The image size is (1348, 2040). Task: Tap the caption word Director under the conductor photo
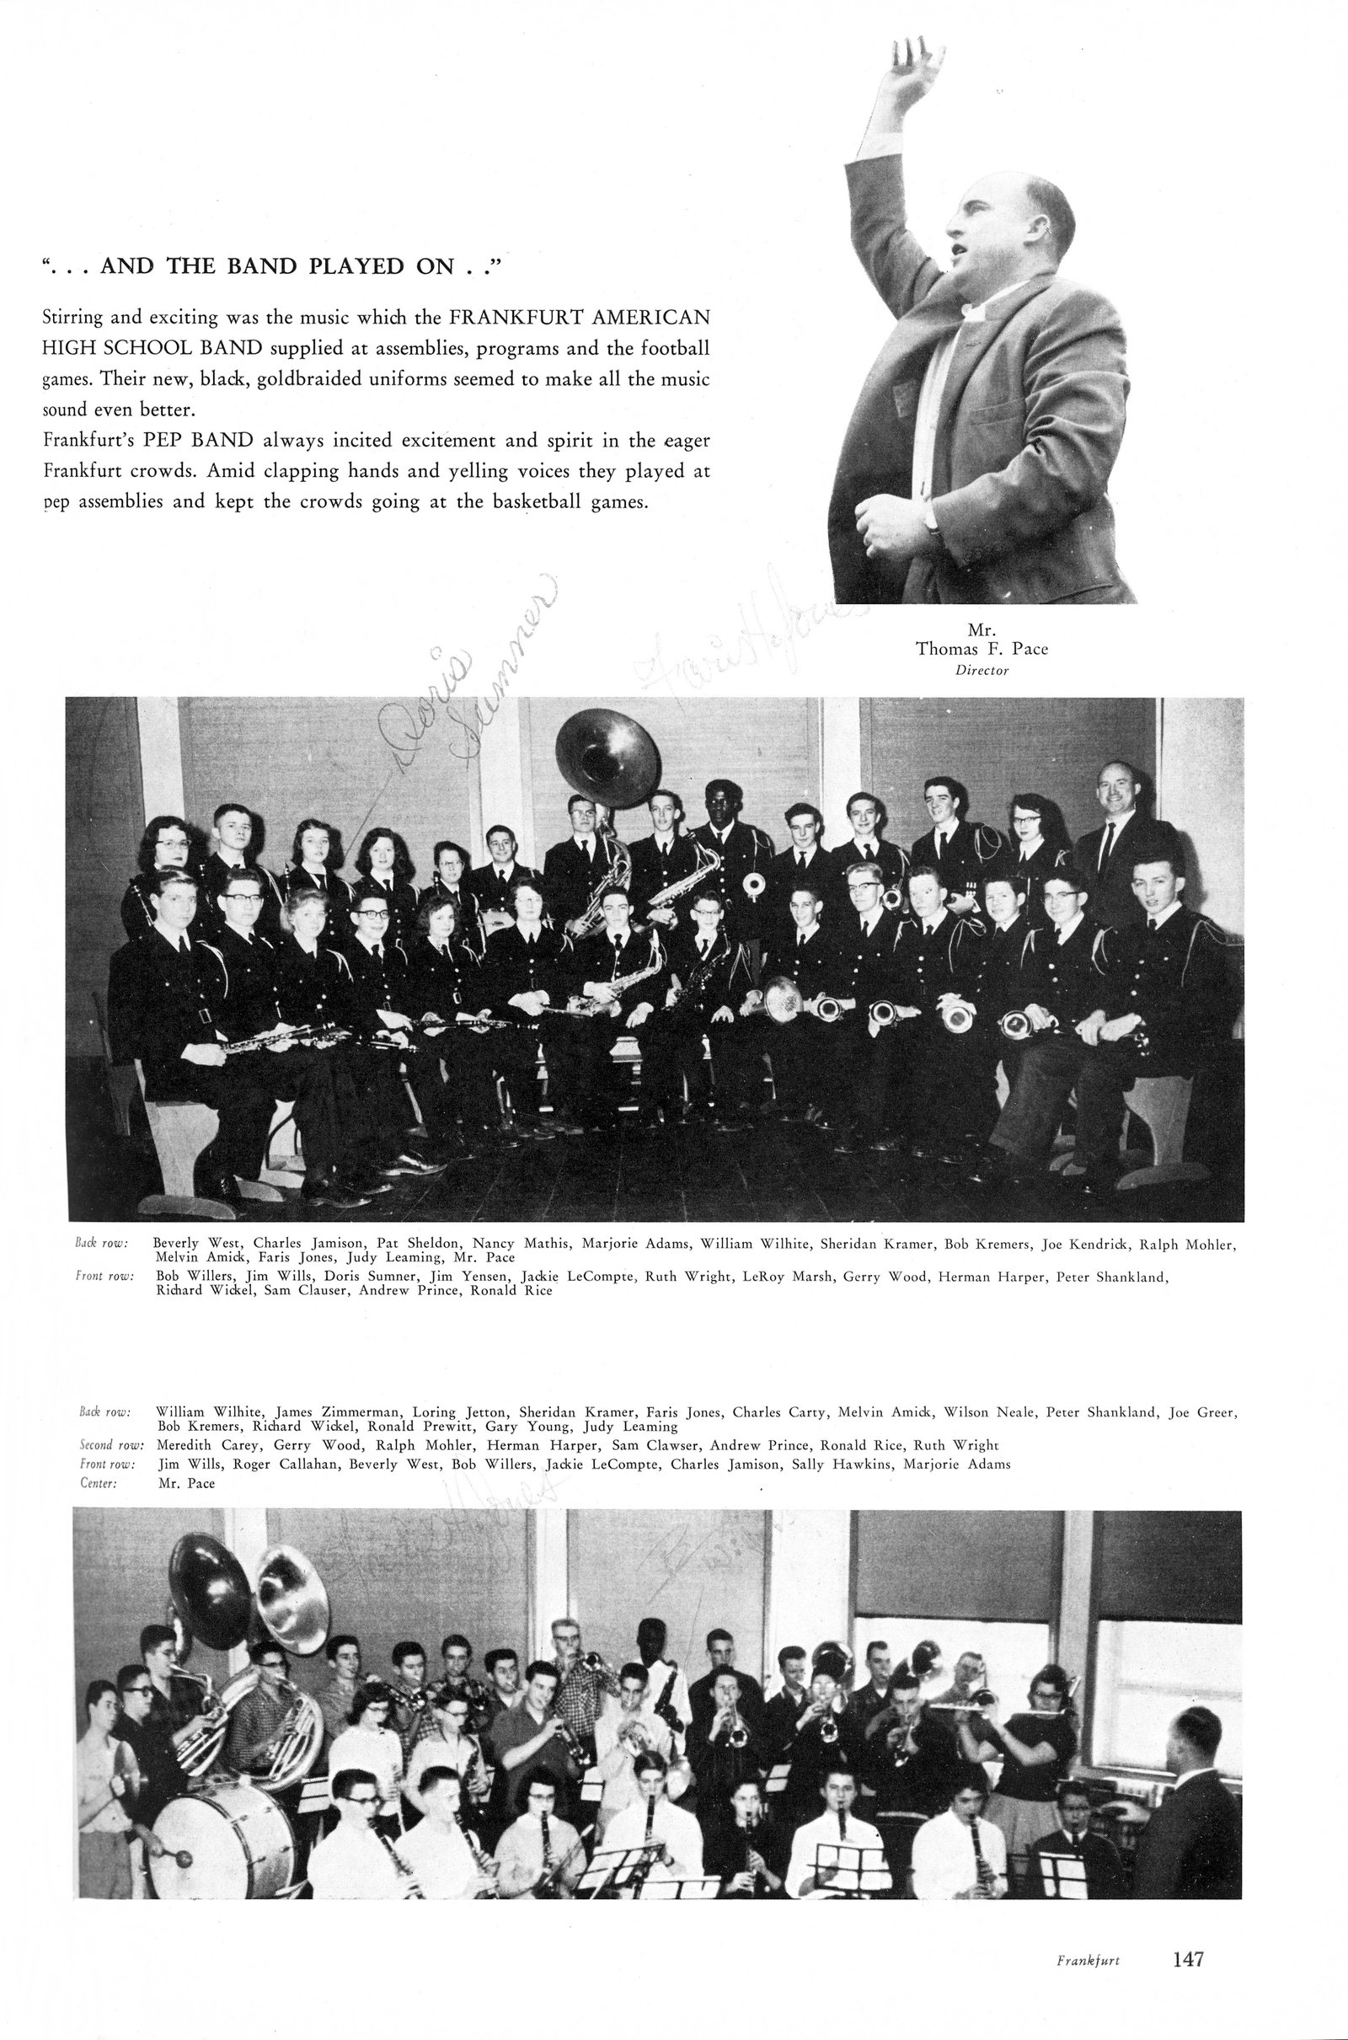point(982,671)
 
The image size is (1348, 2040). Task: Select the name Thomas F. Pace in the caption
point(982,649)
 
